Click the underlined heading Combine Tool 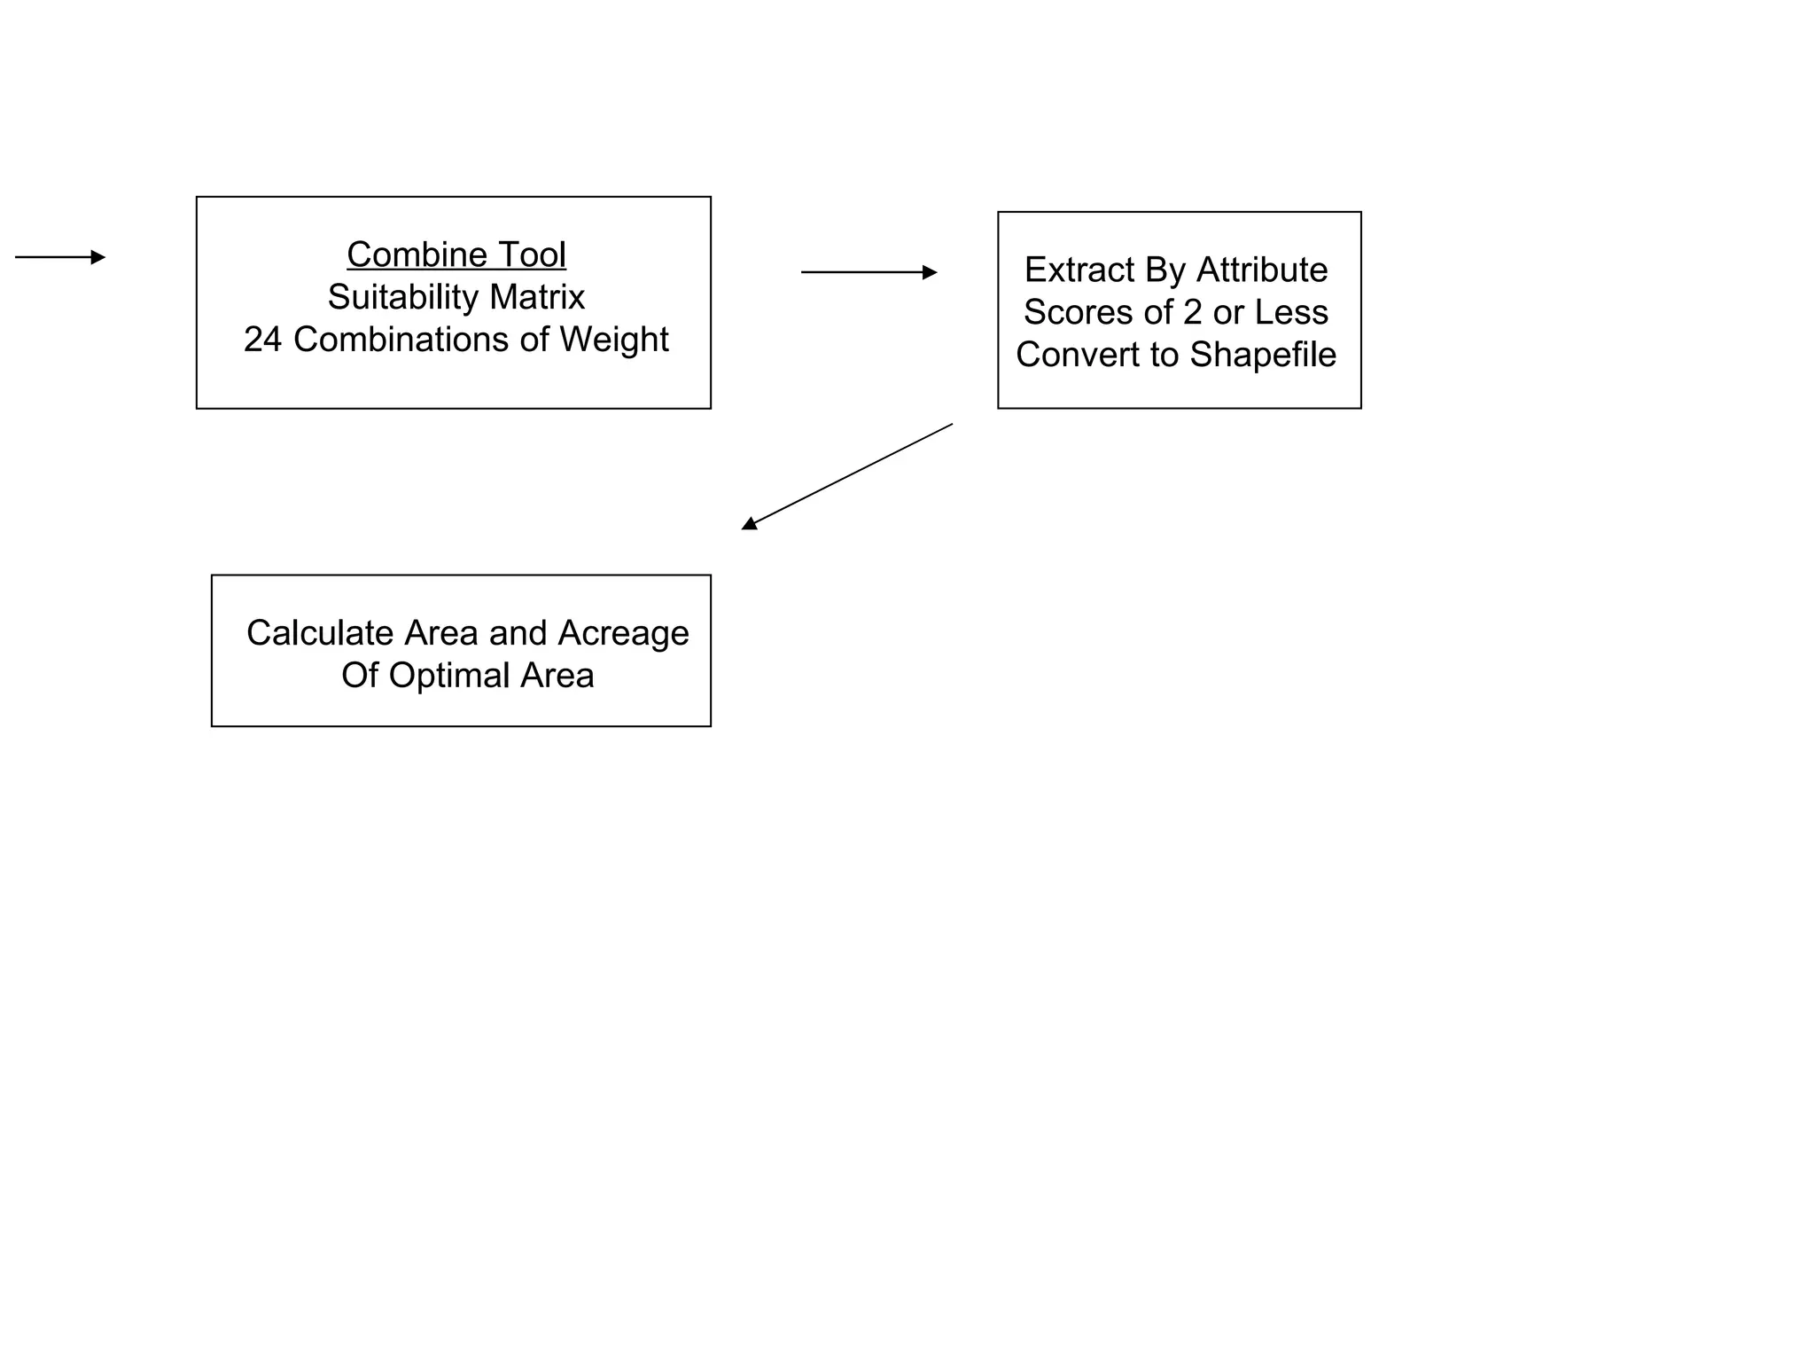coord(456,254)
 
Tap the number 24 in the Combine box coord(262,340)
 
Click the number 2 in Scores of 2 coord(1193,312)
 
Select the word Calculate coord(319,633)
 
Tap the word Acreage coord(623,633)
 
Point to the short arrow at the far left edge coord(59,257)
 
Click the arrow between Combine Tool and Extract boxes coord(869,272)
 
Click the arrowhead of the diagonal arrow coord(749,524)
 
